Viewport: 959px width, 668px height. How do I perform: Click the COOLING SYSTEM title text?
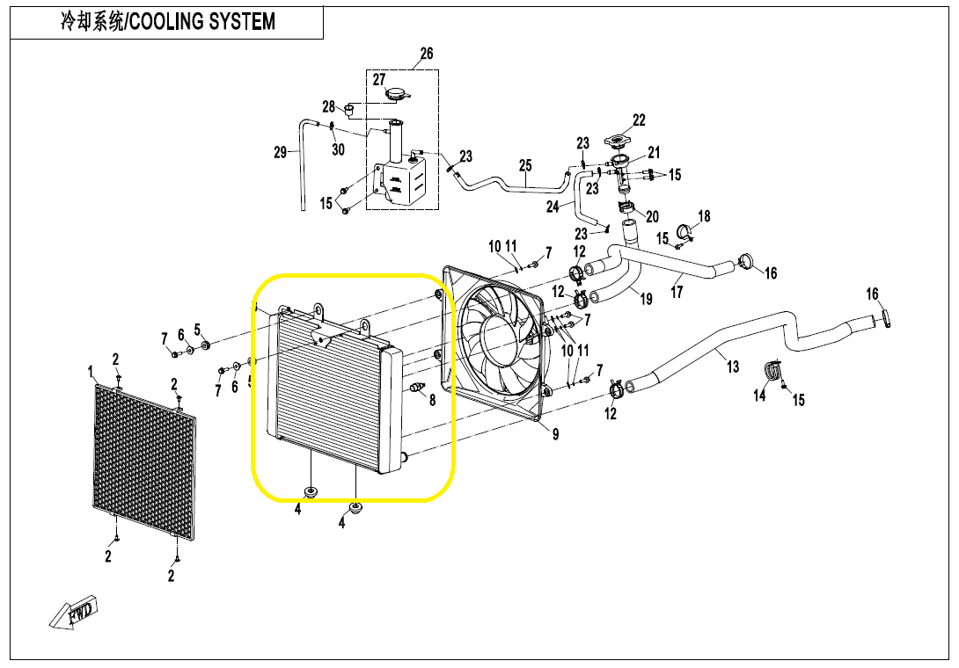click(x=167, y=21)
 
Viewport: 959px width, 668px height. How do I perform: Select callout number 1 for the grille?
click(x=90, y=371)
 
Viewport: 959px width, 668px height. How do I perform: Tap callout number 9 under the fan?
click(x=555, y=433)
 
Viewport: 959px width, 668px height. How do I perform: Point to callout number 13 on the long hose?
click(x=733, y=367)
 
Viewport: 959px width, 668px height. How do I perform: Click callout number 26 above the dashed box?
click(x=427, y=54)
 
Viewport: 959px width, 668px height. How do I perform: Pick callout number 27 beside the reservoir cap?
click(x=379, y=80)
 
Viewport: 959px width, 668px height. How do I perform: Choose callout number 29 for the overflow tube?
click(x=281, y=152)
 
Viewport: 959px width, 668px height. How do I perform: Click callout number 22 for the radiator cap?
click(x=639, y=120)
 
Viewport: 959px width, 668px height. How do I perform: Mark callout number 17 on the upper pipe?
click(x=677, y=292)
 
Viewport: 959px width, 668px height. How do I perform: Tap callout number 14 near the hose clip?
click(x=759, y=396)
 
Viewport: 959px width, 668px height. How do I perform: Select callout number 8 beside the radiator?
click(x=432, y=400)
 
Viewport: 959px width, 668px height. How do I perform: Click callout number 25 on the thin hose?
click(x=525, y=165)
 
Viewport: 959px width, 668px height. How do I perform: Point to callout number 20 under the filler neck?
click(x=652, y=217)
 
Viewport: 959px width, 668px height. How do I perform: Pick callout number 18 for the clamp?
click(x=704, y=216)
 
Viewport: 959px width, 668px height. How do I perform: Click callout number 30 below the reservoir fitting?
click(x=339, y=149)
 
